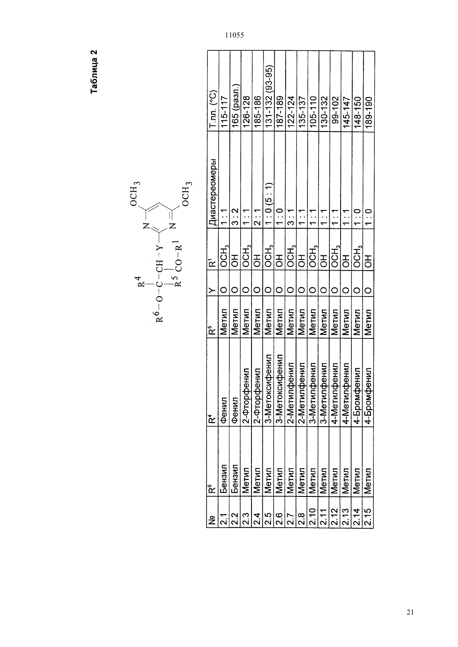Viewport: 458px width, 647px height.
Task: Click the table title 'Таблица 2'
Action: (x=94, y=72)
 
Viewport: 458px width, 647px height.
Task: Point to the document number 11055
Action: (x=234, y=35)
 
